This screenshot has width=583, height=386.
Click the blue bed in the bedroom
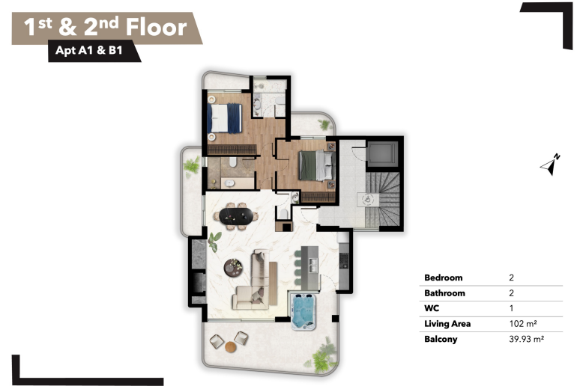pyautogui.click(x=225, y=118)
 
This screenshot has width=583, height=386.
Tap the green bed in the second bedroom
pyautogui.click(x=316, y=165)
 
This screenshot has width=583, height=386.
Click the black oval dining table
pyautogui.click(x=236, y=216)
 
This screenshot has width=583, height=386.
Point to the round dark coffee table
pyautogui.click(x=233, y=268)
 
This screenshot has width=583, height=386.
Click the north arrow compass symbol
pyautogui.click(x=550, y=165)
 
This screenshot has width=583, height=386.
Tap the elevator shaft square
pyautogui.click(x=382, y=152)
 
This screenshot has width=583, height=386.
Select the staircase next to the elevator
pyautogui.click(x=383, y=199)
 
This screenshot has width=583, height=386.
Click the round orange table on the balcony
pyautogui.click(x=231, y=347)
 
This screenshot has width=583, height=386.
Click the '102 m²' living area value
pyautogui.click(x=523, y=324)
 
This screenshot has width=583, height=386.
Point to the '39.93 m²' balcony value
pyautogui.click(x=527, y=339)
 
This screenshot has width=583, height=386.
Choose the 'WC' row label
pyautogui.click(x=432, y=308)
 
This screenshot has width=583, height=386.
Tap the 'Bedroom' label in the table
pyautogui.click(x=443, y=278)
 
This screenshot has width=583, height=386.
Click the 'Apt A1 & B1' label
pyautogui.click(x=89, y=50)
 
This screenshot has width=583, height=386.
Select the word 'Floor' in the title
pyautogui.click(x=156, y=27)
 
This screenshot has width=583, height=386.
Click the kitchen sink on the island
pyautogui.click(x=313, y=265)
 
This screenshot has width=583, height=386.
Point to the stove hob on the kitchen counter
pyautogui.click(x=344, y=260)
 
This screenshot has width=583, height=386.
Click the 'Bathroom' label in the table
pyautogui.click(x=444, y=293)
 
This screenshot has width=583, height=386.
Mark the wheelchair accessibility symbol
pyautogui.click(x=368, y=200)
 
